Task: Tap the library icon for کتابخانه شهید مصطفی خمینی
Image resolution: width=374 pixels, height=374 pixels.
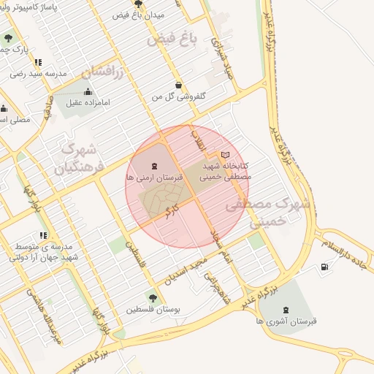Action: pyautogui.click(x=225, y=155)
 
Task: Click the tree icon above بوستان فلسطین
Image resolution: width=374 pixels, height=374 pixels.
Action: pyautogui.click(x=152, y=297)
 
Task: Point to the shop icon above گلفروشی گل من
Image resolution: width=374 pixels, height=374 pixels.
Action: pyautogui.click(x=179, y=85)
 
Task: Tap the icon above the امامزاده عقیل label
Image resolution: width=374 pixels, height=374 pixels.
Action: pyautogui.click(x=88, y=92)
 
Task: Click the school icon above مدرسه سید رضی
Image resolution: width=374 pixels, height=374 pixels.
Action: pyautogui.click(x=38, y=63)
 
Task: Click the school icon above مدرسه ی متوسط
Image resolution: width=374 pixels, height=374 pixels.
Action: pyautogui.click(x=44, y=235)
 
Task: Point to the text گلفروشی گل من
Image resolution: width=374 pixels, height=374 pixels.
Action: pyautogui.click(x=179, y=96)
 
